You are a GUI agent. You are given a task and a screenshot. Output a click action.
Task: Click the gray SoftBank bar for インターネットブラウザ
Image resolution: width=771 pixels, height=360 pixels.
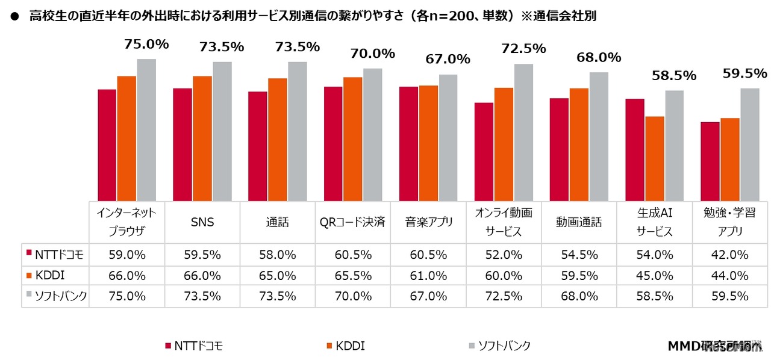point(146,129)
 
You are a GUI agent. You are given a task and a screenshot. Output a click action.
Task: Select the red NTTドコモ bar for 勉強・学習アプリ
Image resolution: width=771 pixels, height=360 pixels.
point(710,161)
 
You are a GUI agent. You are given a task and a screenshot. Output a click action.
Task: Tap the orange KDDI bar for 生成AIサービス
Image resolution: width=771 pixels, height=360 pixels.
point(655,158)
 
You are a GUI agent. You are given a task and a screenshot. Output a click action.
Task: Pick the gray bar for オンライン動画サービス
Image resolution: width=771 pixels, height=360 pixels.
point(523,132)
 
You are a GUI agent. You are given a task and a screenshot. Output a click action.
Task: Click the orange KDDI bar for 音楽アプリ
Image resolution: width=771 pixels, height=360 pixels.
point(428,143)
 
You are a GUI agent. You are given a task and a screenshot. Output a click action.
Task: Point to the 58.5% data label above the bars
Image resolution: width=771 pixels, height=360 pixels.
point(673,76)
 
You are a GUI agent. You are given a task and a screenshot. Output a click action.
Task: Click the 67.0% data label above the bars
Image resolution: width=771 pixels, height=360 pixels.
point(448,59)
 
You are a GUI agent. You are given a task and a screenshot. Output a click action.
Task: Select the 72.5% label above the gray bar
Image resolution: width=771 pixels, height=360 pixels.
point(523,48)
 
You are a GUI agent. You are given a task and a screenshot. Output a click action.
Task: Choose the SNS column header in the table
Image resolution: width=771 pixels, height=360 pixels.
point(202,222)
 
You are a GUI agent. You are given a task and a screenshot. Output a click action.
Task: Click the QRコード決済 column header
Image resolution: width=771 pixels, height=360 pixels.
point(353,222)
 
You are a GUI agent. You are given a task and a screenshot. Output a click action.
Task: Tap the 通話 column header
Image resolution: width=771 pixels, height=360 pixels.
point(278,222)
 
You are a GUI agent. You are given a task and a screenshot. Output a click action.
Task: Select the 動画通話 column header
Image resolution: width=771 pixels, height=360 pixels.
point(579,222)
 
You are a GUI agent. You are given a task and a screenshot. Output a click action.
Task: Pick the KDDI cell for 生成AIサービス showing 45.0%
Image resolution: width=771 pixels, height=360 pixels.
point(654,275)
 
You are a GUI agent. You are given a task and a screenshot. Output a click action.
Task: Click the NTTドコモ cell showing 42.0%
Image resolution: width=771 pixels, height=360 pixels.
point(729,255)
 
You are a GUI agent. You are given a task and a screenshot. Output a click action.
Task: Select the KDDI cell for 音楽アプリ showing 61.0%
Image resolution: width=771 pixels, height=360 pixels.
point(428,275)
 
